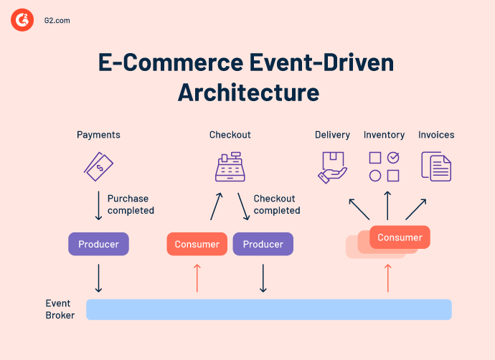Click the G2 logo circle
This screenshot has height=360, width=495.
pyautogui.click(x=22, y=20)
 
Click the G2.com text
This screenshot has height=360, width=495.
pyautogui.click(x=56, y=21)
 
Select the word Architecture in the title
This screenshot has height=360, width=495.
pyautogui.click(x=248, y=93)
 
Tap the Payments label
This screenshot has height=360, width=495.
pyautogui.click(x=98, y=135)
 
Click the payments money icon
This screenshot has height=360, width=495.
pyautogui.click(x=98, y=166)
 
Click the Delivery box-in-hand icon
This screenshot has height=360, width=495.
pyautogui.click(x=332, y=166)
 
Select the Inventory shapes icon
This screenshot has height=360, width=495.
pyautogui.click(x=384, y=166)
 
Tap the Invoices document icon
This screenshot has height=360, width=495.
pyautogui.click(x=436, y=166)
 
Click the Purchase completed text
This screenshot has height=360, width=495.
pyautogui.click(x=131, y=204)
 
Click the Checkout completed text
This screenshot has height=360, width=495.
pyautogui.click(x=277, y=204)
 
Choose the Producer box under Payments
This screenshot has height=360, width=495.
pyautogui.click(x=98, y=244)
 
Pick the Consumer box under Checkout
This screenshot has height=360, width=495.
pyautogui.click(x=197, y=244)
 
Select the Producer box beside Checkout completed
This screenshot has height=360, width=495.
pyautogui.click(x=263, y=244)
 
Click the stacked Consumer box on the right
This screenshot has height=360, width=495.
pyautogui.click(x=400, y=237)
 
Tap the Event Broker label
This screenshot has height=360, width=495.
pyautogui.click(x=60, y=309)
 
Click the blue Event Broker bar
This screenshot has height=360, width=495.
pyautogui.click(x=268, y=309)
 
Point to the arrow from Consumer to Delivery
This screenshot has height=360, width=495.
pyautogui.click(x=359, y=209)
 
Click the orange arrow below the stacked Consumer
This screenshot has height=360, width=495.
pyautogui.click(x=387, y=278)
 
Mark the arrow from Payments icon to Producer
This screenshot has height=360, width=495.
pyautogui.click(x=98, y=205)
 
